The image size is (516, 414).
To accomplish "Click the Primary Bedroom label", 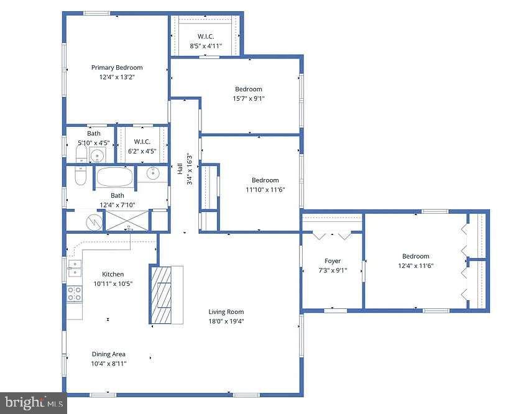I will pyautogui.click(x=117, y=68).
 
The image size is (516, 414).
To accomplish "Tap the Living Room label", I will pyautogui.click(x=226, y=312).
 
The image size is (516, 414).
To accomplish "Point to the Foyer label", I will pyautogui.click(x=333, y=261).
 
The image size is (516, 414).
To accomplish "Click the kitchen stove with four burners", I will pyautogui.click(x=74, y=293).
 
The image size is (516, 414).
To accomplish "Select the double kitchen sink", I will pyautogui.click(x=74, y=268).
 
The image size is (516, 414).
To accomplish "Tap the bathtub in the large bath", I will pyautogui.click(x=115, y=177).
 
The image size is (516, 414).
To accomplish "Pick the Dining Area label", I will pyautogui.click(x=109, y=354).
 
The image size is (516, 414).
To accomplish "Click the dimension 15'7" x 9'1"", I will pyautogui.click(x=248, y=98).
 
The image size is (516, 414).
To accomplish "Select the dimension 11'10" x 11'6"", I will pyautogui.click(x=265, y=190).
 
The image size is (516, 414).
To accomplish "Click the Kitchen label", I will pyautogui.click(x=113, y=274).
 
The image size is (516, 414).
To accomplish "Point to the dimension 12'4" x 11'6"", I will pyautogui.click(x=415, y=265).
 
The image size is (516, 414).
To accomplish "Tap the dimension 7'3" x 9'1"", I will pyautogui.click(x=333, y=270).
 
